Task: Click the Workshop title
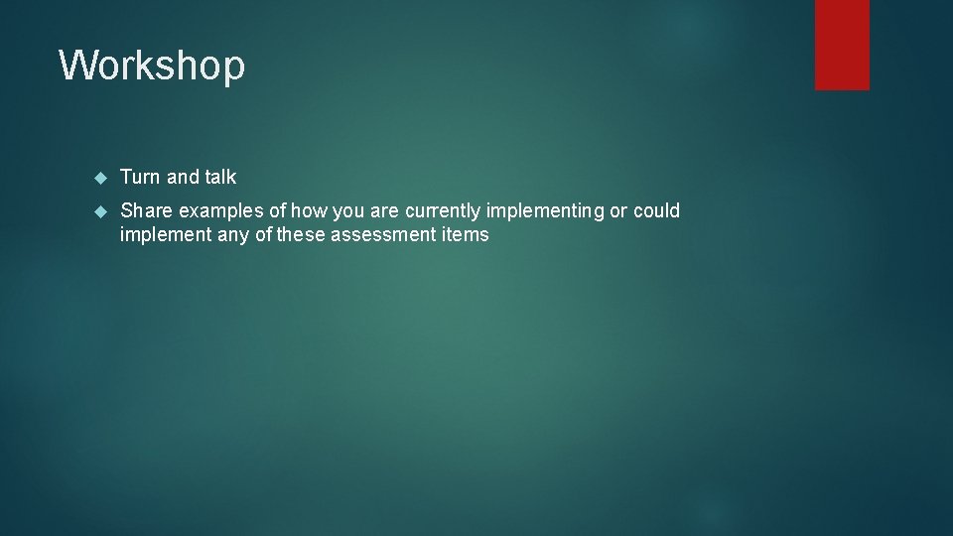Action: tap(152, 66)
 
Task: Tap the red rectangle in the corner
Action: tap(842, 45)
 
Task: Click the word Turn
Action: tap(140, 177)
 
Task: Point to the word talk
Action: tap(220, 177)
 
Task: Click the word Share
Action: tap(147, 210)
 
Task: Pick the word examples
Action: tap(221, 210)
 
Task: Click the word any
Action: tap(229, 235)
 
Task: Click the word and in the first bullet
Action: tap(183, 177)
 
